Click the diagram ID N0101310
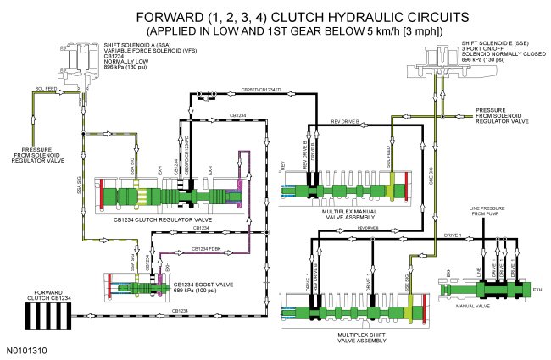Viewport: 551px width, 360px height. click(x=26, y=348)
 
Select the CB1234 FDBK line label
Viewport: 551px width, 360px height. click(x=206, y=248)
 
